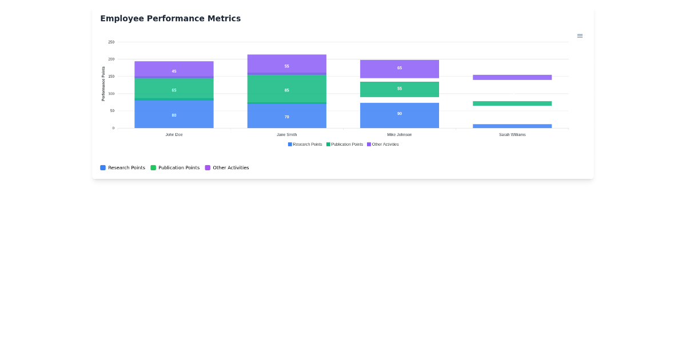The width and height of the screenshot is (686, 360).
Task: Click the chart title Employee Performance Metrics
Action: [170, 19]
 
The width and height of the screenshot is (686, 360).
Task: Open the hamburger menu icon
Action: [580, 36]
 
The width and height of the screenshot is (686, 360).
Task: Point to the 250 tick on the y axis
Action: [111, 42]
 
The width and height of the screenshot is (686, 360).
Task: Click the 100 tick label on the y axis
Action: [111, 94]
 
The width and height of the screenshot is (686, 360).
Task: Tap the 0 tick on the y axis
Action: [113, 128]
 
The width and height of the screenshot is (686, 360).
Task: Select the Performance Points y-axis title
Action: [103, 83]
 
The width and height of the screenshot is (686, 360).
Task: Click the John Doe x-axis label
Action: [174, 135]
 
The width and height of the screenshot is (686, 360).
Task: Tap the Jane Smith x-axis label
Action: [286, 135]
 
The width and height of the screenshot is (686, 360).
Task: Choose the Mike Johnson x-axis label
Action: [399, 135]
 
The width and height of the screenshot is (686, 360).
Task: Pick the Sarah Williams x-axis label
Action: [512, 135]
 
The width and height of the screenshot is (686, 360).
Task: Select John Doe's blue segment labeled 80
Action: [174, 114]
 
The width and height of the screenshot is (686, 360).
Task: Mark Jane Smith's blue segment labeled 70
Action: [286, 116]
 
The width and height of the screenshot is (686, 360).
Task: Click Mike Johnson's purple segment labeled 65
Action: [399, 69]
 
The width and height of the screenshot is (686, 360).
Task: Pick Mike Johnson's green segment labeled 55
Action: [399, 89]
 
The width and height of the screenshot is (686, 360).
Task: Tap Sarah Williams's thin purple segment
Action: [512, 77]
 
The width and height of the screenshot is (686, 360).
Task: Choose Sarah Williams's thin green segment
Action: [512, 103]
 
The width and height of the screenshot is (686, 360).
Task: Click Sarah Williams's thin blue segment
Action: [512, 126]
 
